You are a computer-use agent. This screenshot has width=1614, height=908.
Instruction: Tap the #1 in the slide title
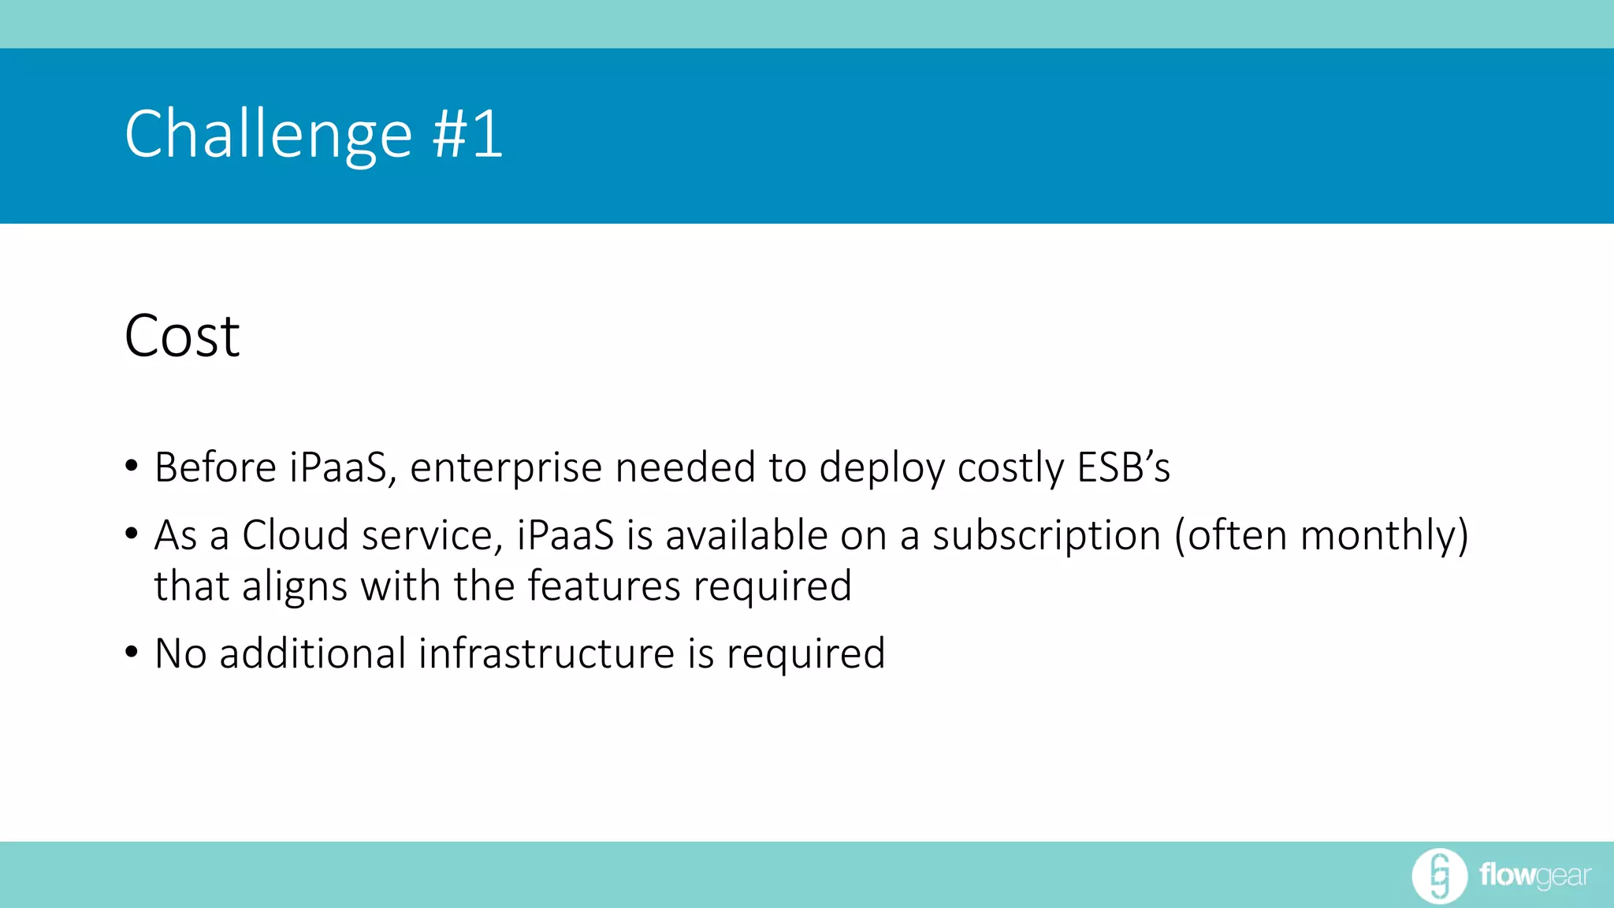point(467,134)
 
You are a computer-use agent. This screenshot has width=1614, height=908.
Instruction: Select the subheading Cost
point(182,337)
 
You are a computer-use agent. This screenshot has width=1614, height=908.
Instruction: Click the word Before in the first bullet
point(215,467)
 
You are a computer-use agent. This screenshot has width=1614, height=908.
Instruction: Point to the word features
point(604,586)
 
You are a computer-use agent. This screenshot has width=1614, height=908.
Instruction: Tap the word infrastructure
point(546,653)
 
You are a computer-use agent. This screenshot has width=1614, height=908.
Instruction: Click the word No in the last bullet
point(180,653)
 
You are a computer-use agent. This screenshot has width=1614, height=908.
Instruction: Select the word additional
point(312,653)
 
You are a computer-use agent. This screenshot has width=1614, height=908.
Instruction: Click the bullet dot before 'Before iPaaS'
point(132,466)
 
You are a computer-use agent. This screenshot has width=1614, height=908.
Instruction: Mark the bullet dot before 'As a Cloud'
point(132,534)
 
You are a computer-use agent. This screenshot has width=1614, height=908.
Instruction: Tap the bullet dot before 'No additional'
point(132,652)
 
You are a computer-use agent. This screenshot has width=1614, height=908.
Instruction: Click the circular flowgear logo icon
point(1439,876)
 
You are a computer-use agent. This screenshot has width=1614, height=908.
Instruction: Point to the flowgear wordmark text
point(1534,876)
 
